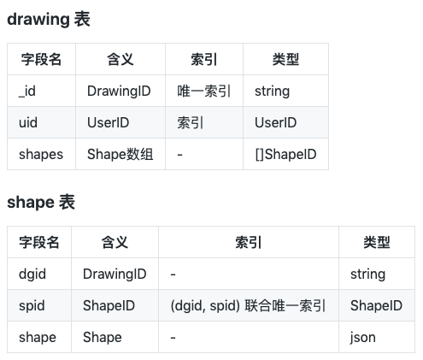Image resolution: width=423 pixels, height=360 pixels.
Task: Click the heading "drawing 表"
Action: point(49,20)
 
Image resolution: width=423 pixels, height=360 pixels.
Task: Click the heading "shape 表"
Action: point(41,202)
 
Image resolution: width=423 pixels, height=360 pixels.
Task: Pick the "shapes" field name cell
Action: point(41,155)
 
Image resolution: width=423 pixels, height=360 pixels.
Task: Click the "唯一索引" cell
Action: point(203,91)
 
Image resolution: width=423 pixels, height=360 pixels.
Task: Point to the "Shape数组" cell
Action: point(120,154)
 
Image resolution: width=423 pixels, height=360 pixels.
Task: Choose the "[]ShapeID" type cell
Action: point(285,154)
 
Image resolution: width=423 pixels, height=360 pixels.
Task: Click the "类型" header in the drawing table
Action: point(285,59)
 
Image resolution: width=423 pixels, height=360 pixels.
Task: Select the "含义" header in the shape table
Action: point(115,242)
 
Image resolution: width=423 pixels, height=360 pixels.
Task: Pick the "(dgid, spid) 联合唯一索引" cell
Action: point(248,306)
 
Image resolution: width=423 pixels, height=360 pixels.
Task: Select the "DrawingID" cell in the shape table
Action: point(115,274)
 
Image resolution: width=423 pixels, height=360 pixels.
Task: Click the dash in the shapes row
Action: point(179,155)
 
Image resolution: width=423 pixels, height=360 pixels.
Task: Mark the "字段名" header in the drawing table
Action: point(41,59)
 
